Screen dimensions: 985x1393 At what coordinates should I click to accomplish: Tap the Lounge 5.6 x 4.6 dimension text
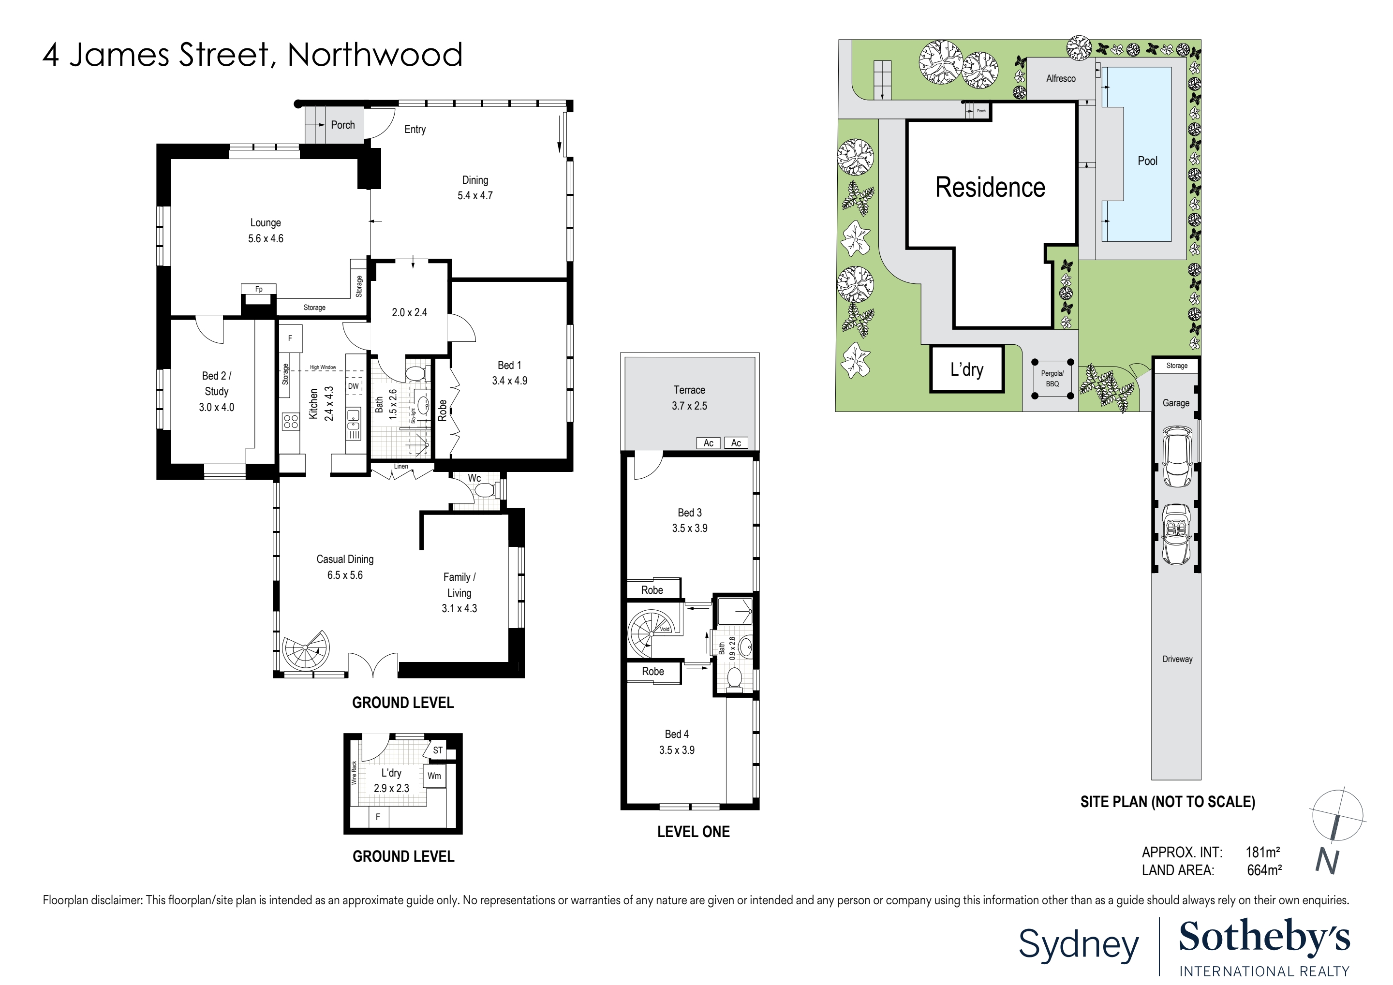265,239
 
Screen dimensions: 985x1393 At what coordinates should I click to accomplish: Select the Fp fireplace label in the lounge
258,289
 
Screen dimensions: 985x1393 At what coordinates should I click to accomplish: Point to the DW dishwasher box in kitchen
353,386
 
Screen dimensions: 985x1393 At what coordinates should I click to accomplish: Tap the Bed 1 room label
509,365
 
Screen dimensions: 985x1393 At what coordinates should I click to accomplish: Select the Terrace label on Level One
689,390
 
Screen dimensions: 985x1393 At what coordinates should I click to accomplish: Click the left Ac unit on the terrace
708,443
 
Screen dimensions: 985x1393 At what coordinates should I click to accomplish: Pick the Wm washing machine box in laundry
434,776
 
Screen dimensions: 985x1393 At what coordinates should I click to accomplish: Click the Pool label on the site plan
1147,161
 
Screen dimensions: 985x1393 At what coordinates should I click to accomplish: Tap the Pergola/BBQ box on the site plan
1052,379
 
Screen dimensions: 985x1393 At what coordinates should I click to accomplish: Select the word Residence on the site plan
990,188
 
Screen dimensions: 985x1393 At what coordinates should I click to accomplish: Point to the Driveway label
1177,659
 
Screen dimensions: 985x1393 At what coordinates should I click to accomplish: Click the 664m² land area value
1264,870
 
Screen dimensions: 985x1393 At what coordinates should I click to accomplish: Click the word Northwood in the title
374,55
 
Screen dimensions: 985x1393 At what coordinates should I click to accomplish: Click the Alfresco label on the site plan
1061,79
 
